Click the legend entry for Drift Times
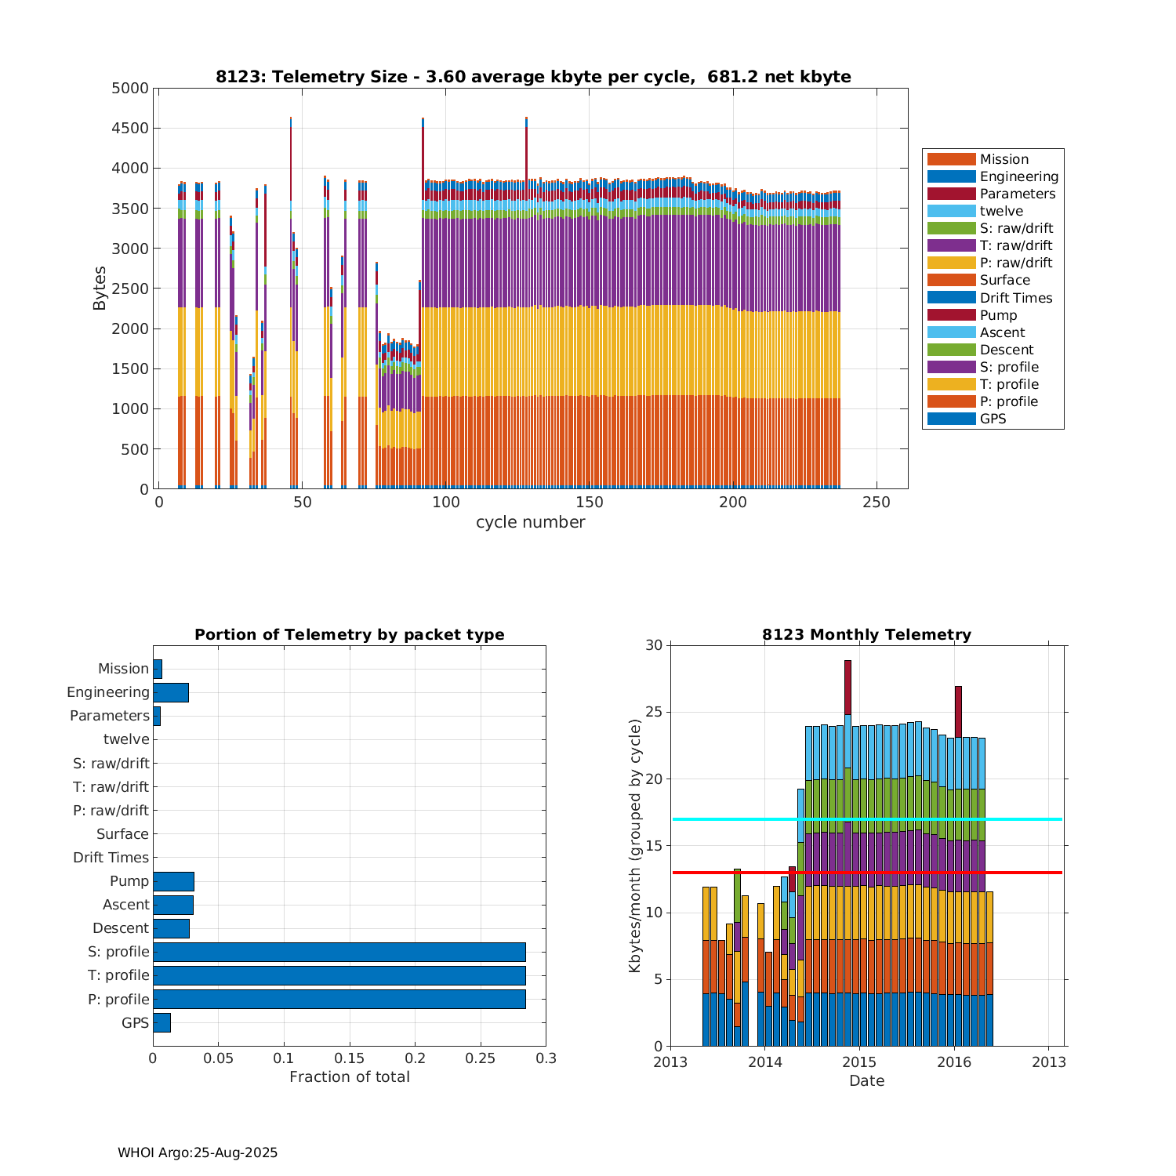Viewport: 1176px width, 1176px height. (1015, 298)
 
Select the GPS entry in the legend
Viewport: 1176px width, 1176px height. (993, 419)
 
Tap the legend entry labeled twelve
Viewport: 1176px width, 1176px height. (1001, 211)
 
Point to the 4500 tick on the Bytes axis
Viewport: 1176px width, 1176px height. (130, 129)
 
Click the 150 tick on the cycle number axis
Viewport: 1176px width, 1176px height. (589, 503)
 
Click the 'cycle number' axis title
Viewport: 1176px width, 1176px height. (530, 522)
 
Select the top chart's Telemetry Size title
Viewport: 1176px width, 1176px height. (533, 77)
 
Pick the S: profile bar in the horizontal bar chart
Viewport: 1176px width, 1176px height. (339, 952)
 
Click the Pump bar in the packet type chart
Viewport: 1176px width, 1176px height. (173, 881)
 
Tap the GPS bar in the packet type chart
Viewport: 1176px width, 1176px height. (162, 1022)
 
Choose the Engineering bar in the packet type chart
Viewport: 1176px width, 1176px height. (170, 692)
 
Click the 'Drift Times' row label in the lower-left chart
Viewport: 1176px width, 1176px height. (111, 858)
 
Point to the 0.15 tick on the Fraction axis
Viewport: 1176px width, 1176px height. (350, 1058)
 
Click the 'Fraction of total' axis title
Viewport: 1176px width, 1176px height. (350, 1077)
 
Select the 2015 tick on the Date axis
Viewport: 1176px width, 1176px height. (860, 1062)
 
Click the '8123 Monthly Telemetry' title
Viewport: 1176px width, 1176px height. (866, 635)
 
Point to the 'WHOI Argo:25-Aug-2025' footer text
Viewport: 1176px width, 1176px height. (198, 1152)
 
